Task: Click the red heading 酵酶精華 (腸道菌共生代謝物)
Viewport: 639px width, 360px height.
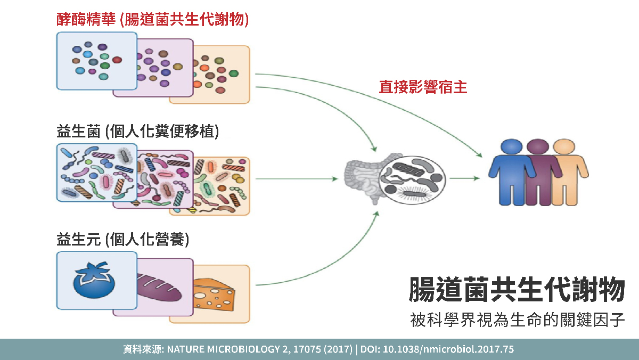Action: click(153, 20)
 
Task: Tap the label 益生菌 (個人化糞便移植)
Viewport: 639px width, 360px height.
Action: click(138, 132)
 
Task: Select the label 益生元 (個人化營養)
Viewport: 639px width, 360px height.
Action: click(123, 240)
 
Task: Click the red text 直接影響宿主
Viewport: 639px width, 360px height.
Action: click(423, 87)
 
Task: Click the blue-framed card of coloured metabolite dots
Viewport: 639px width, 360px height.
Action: click(96, 61)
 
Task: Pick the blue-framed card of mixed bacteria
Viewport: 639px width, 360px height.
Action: click(96, 172)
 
